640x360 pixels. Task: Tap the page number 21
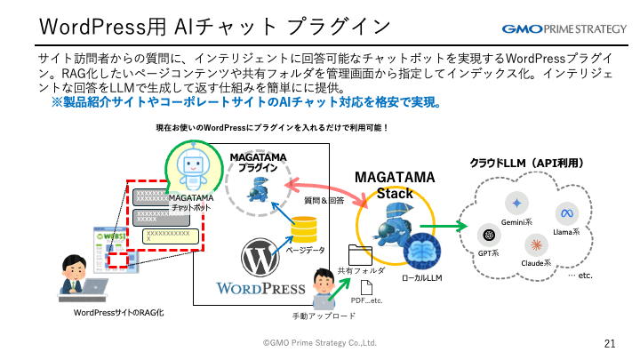610,342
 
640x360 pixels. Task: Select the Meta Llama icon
567,212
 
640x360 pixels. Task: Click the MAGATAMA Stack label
396,186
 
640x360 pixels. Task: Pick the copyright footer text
320,342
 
